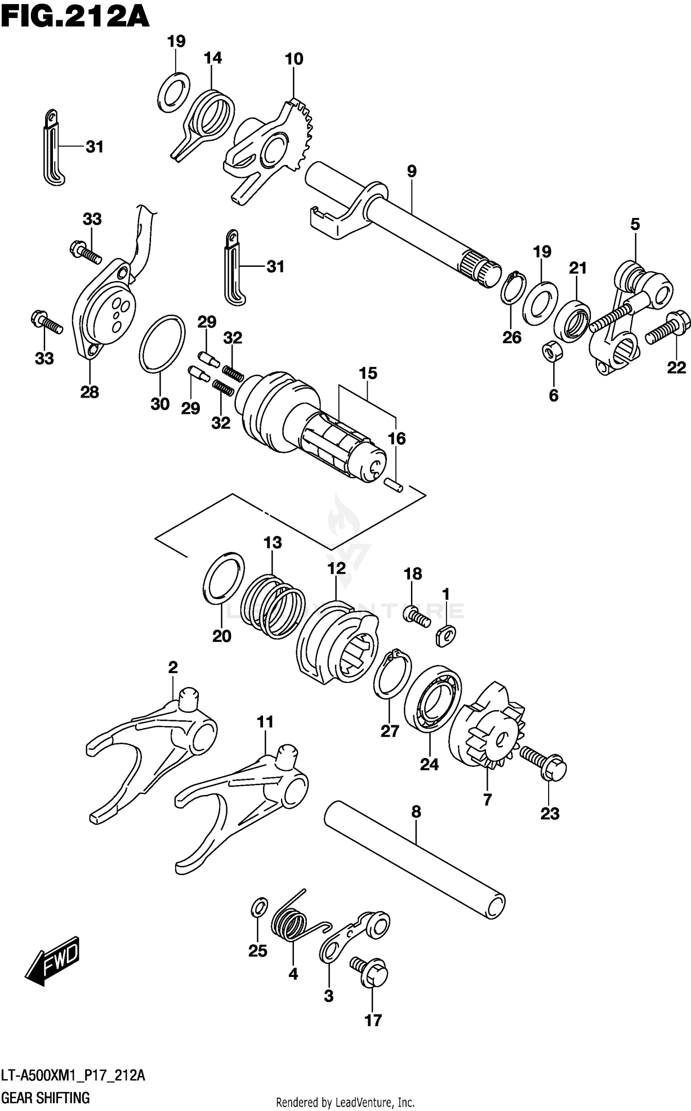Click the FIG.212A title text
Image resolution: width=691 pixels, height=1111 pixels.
point(75,18)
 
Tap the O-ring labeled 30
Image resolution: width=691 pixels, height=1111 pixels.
point(162,343)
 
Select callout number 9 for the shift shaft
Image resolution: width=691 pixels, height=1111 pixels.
point(411,171)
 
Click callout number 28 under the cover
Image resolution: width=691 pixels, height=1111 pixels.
point(89,392)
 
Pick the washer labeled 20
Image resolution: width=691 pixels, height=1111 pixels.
point(223,577)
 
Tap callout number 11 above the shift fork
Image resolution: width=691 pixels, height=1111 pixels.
point(265,722)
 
